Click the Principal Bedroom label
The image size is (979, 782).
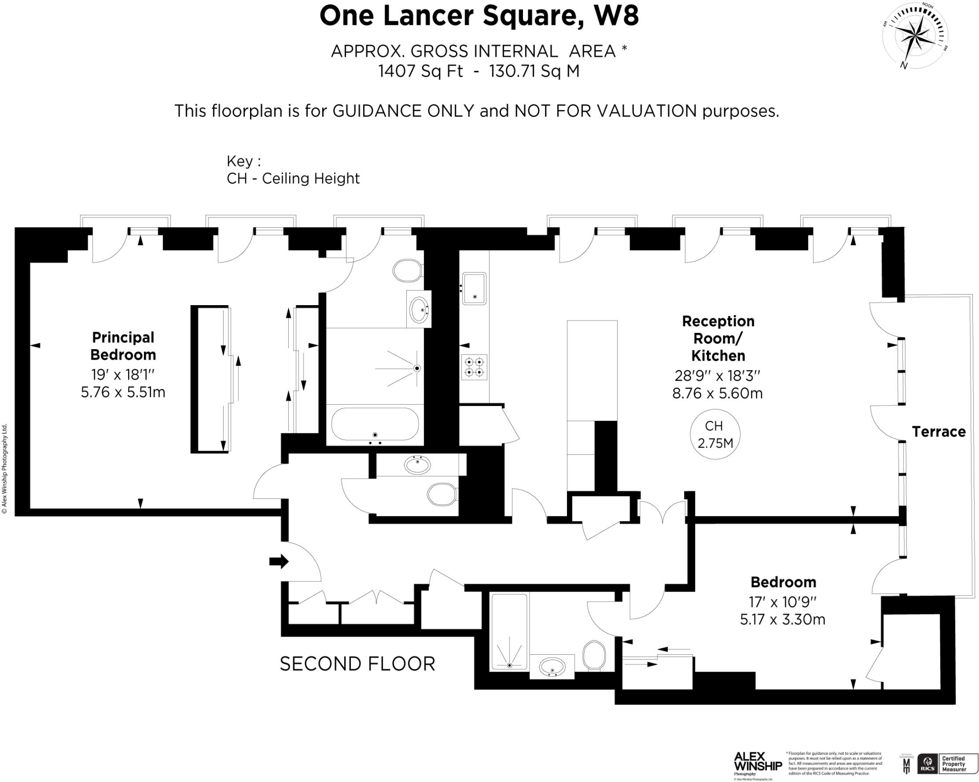(123, 346)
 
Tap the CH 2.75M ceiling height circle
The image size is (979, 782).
(715, 434)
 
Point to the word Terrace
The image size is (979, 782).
(938, 432)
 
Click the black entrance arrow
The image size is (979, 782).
(279, 561)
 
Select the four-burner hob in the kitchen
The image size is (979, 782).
(474, 367)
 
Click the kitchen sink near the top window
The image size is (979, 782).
(474, 288)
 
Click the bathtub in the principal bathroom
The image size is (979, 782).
(375, 424)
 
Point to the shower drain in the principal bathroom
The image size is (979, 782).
(417, 368)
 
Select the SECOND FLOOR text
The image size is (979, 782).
(357, 664)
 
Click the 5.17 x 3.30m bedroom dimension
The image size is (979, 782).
(783, 619)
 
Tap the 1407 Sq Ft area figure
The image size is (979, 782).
(420, 71)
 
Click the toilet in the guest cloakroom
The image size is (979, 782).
(442, 494)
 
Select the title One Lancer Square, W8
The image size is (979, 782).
(479, 16)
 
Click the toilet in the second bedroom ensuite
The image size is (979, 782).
(594, 656)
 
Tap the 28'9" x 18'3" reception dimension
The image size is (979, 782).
(717, 375)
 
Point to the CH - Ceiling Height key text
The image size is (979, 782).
(293, 178)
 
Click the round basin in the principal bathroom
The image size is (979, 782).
(419, 309)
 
